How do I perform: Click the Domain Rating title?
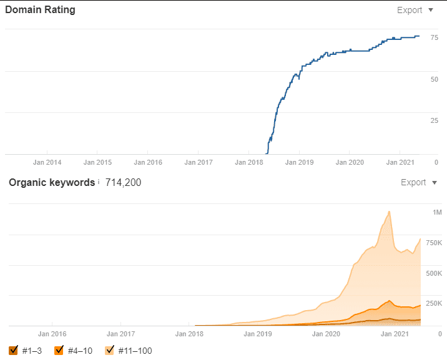(x=40, y=10)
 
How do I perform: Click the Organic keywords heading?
(x=52, y=182)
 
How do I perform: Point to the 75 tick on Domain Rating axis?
(x=433, y=38)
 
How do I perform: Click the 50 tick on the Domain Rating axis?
(x=433, y=79)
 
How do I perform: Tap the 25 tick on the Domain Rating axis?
(x=433, y=120)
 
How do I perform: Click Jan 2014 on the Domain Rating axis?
(x=47, y=162)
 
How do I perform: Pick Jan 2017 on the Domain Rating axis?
(x=198, y=162)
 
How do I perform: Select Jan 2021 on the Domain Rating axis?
(x=400, y=162)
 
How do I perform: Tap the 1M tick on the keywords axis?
(x=437, y=213)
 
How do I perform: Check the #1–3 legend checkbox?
(x=14, y=351)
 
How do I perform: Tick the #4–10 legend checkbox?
(x=59, y=351)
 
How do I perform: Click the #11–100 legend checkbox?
(x=109, y=351)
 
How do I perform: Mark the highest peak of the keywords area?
(x=389, y=212)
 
